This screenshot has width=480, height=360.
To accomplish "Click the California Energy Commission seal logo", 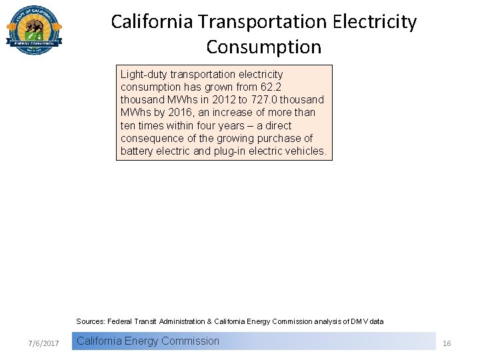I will tap(34, 31).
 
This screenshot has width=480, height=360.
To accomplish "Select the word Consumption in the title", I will tap(263, 47).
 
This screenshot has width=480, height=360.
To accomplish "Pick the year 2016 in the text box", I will tap(177, 112).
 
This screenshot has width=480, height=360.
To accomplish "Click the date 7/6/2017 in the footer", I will tap(44, 343).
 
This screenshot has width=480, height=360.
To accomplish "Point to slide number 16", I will tap(447, 343).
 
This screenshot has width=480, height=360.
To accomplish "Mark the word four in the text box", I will tap(185, 125).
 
